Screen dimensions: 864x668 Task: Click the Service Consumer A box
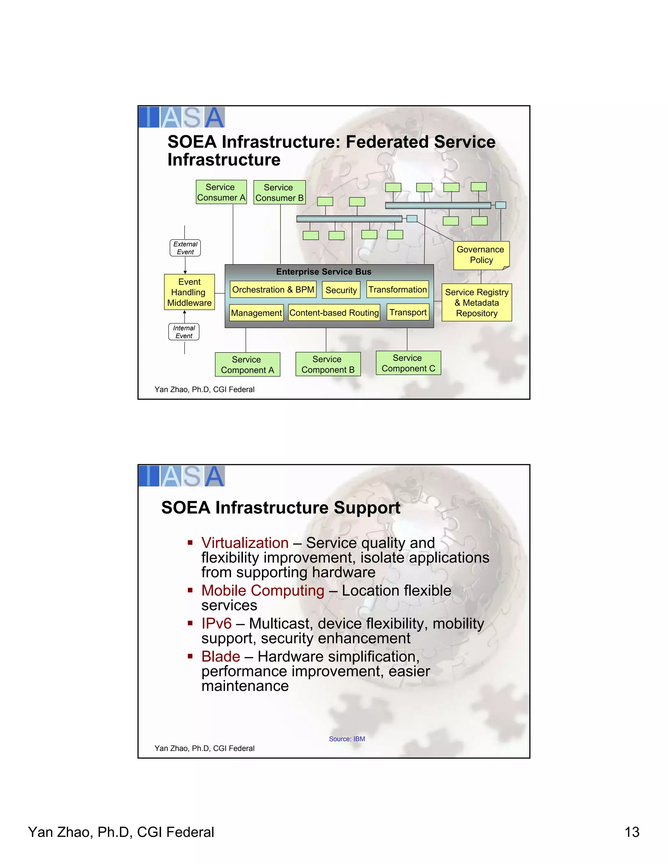(x=221, y=192)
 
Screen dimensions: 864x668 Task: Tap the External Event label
(x=185, y=248)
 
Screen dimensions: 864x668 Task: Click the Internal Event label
(x=184, y=332)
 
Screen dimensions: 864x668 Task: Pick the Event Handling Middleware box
(x=189, y=292)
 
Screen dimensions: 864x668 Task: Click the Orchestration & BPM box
(x=273, y=290)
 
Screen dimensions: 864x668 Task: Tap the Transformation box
(x=398, y=290)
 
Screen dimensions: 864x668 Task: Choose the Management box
(x=256, y=313)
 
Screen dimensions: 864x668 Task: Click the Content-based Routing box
(x=334, y=313)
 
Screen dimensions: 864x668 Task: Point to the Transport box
(x=408, y=312)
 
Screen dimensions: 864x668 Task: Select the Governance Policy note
(x=481, y=255)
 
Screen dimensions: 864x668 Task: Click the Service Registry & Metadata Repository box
(x=477, y=303)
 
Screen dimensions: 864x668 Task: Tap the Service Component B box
(x=328, y=365)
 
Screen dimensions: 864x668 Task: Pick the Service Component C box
(x=408, y=363)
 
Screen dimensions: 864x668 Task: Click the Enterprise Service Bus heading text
(x=324, y=272)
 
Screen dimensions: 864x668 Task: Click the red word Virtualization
(x=245, y=543)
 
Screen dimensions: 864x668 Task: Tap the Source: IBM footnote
(x=347, y=739)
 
